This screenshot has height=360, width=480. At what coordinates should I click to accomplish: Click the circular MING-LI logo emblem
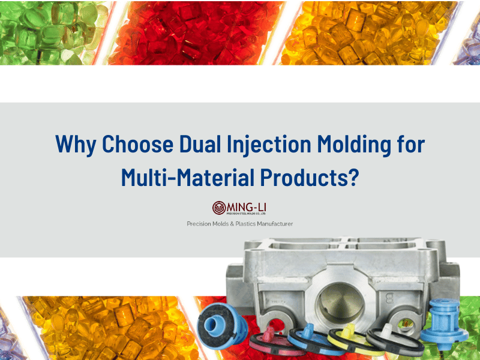[219, 208]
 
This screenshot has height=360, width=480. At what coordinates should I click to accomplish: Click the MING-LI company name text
[247, 206]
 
